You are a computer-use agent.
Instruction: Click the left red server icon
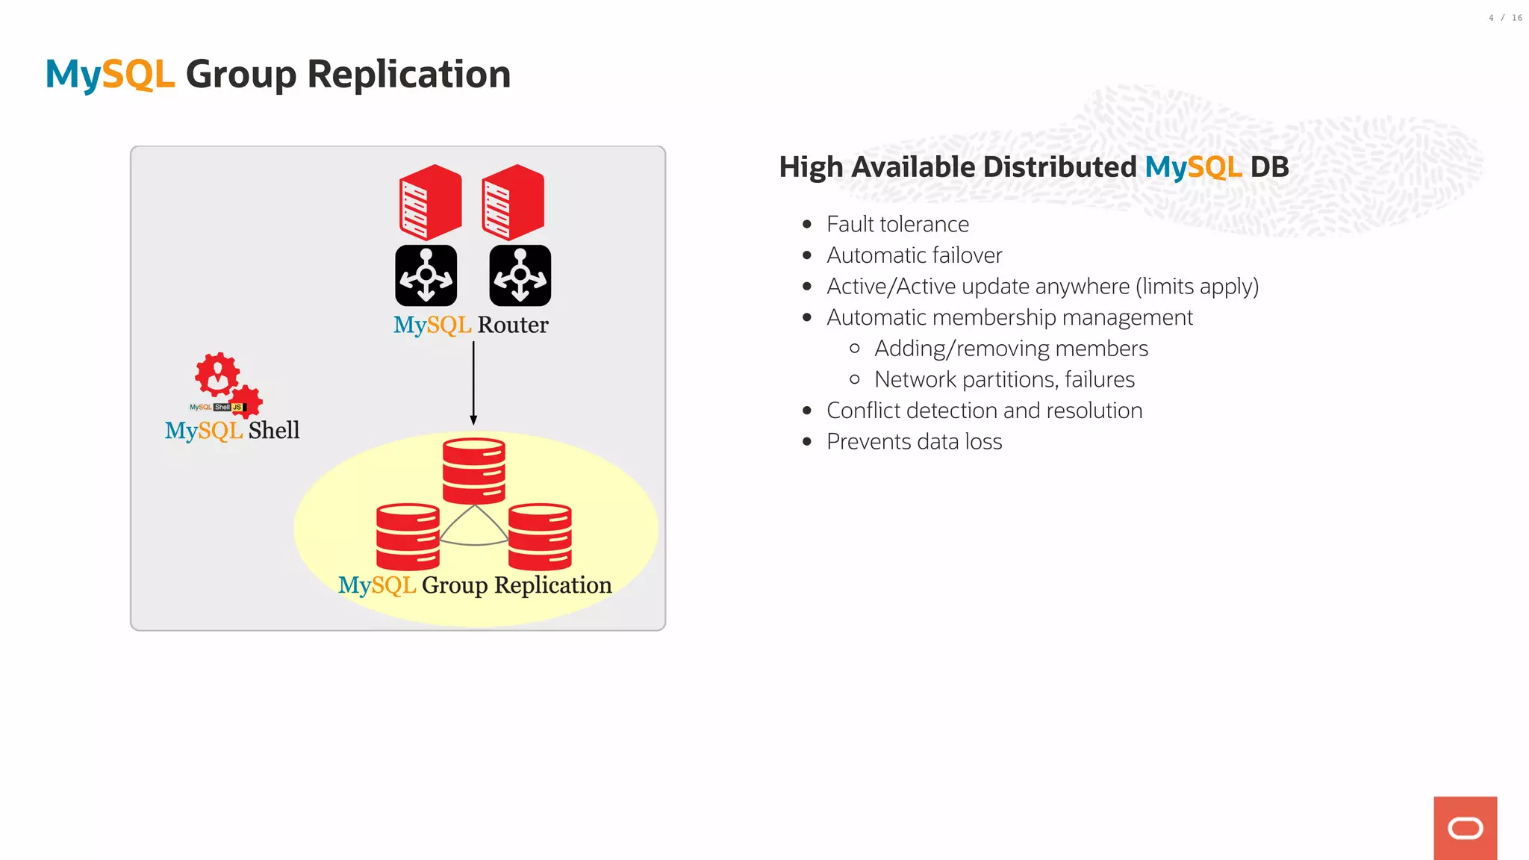tap(430, 202)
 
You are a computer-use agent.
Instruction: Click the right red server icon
tap(513, 202)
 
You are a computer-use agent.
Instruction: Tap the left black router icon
tap(426, 275)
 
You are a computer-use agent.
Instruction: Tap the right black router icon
tap(520, 275)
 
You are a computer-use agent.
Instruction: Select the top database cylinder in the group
tap(473, 470)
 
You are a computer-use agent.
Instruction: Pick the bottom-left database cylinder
tap(408, 537)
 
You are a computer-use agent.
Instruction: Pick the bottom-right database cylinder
tap(540, 537)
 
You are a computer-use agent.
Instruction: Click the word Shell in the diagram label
tap(273, 431)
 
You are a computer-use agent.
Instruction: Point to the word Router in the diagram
tap(512, 325)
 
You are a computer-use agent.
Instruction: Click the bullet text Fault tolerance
tap(897, 224)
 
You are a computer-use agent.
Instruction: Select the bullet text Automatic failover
tap(914, 255)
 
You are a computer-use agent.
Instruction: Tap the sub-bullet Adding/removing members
tap(1011, 349)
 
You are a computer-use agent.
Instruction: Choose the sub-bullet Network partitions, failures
tap(1004, 380)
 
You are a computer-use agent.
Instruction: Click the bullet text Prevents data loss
tap(914, 442)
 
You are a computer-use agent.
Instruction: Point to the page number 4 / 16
tap(1505, 18)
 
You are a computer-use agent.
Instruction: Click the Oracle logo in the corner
tap(1465, 828)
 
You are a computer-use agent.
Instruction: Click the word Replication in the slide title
tap(408, 75)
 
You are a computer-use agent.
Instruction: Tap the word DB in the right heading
tap(1269, 167)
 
